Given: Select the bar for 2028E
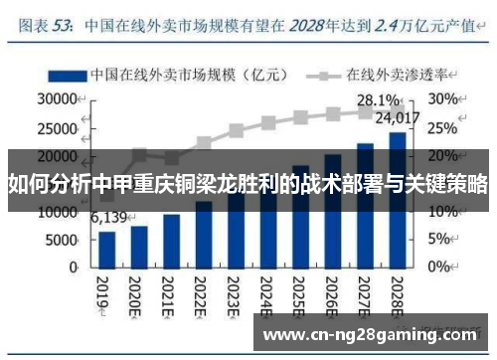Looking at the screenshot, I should pyautogui.click(x=396, y=200).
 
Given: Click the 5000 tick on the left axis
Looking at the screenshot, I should pyautogui.click(x=61, y=241).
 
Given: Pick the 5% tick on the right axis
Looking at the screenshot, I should pyautogui.click(x=440, y=241).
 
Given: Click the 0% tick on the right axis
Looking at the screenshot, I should pyautogui.click(x=440, y=269).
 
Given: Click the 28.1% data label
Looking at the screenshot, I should pyautogui.click(x=378, y=100).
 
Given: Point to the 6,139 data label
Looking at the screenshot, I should pyautogui.click(x=109, y=218).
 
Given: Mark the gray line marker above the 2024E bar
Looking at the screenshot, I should pyautogui.click(x=267, y=123).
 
